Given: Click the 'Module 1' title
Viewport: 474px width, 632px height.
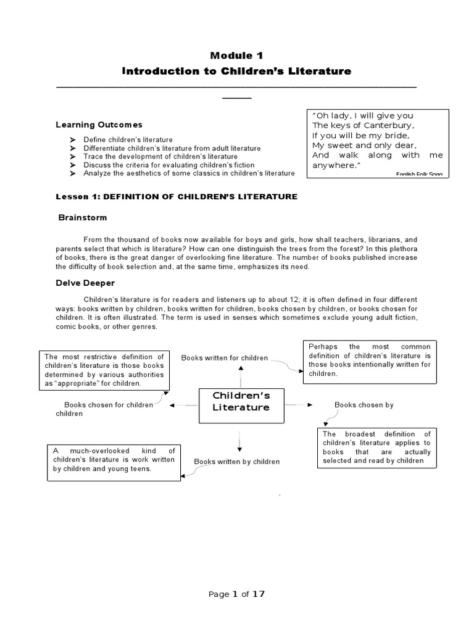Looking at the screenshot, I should pos(236,55).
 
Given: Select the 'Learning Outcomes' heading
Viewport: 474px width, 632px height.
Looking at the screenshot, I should pos(99,125).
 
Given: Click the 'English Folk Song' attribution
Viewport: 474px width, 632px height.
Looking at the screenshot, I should pos(419,175).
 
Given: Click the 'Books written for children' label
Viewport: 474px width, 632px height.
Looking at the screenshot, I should pos(224,358).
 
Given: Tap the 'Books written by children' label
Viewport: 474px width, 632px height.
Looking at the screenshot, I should pos(237,462).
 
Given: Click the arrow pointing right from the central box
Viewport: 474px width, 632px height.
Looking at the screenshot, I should pos(302,405).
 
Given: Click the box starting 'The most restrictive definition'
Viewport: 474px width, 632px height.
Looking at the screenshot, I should pos(104,370).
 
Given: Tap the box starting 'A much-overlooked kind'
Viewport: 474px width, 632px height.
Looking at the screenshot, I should pos(114,463).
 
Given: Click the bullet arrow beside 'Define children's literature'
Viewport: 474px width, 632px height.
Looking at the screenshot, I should pos(72,140).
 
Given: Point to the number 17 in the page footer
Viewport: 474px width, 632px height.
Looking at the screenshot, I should pos(258,594).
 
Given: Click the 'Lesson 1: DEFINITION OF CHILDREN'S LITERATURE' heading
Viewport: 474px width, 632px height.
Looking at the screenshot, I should pos(177,196).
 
